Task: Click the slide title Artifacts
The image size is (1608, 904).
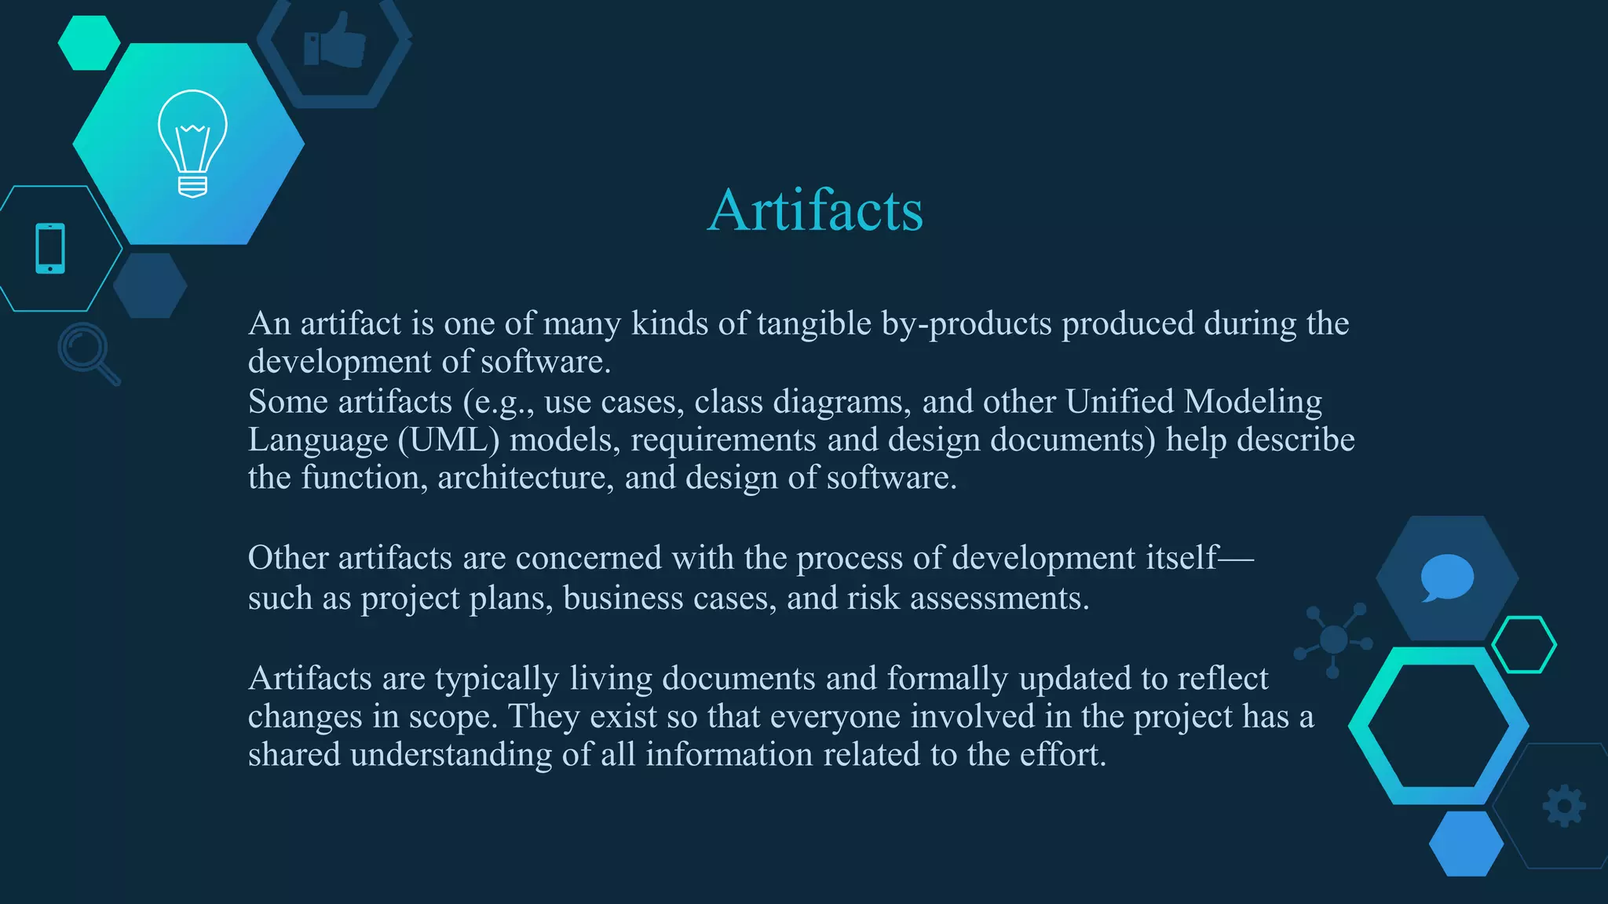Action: (x=815, y=210)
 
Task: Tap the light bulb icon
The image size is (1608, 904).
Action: (x=192, y=143)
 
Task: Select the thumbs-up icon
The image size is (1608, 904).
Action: (x=335, y=41)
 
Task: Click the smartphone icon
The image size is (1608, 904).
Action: (x=50, y=249)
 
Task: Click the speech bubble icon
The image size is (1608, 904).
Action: (x=1446, y=578)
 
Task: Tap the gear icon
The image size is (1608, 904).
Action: (x=1564, y=806)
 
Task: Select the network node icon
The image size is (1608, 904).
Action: (x=1334, y=640)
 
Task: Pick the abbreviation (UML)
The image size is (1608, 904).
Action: (x=448, y=440)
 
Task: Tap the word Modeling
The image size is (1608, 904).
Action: (x=1252, y=402)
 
